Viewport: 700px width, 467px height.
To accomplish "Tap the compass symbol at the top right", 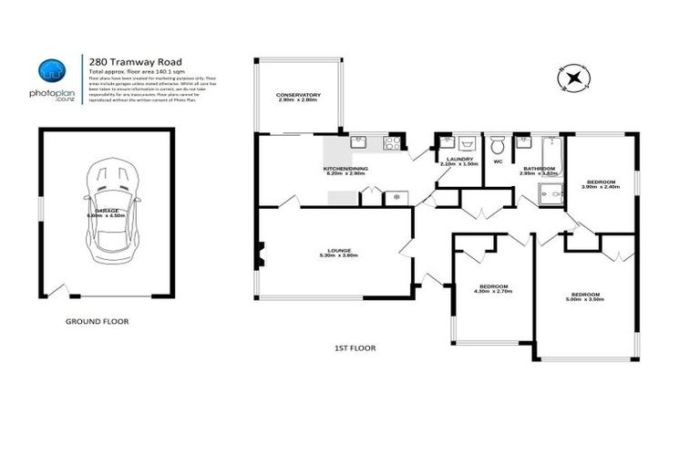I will [572, 78].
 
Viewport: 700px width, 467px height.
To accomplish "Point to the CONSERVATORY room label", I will [299, 97].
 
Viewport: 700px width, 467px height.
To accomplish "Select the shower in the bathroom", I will [551, 194].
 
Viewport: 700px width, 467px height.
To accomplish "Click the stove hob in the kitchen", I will [394, 143].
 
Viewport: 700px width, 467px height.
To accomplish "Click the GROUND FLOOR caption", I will [97, 321].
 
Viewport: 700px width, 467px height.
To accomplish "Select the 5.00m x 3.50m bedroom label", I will [583, 296].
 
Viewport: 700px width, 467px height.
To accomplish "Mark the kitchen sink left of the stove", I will [359, 142].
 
